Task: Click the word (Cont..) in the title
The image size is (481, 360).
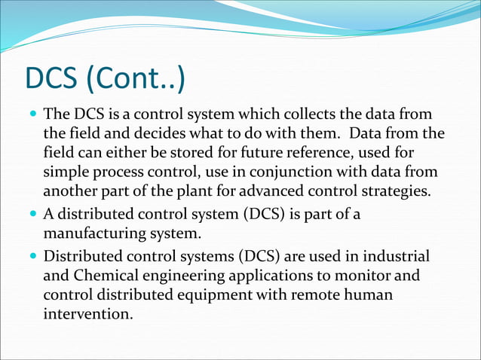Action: tap(139, 79)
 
